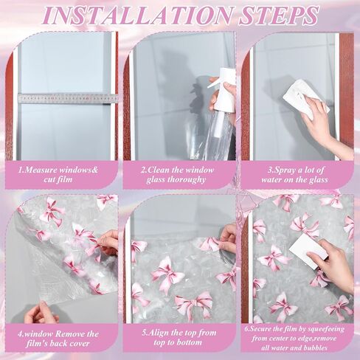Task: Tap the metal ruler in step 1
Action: click(67, 97)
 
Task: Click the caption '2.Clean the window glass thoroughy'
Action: click(181, 173)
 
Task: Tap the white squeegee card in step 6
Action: click(308, 250)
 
